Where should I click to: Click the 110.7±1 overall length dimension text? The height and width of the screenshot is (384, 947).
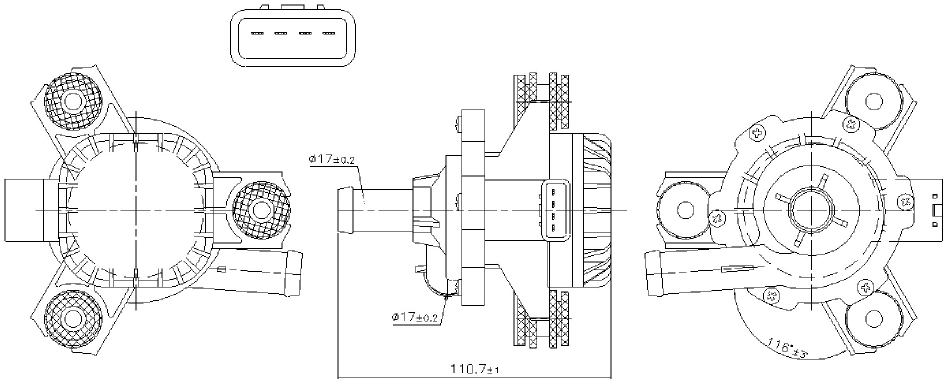point(475,369)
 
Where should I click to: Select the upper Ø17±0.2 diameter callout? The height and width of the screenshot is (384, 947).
point(332,159)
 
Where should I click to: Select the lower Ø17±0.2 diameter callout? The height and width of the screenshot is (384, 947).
point(415,317)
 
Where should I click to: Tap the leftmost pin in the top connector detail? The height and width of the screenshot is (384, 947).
point(257,33)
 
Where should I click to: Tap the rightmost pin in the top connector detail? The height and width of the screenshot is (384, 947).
point(329,33)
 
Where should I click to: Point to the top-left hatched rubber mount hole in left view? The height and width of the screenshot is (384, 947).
point(73,101)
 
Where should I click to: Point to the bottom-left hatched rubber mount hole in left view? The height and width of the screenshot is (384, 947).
point(73,319)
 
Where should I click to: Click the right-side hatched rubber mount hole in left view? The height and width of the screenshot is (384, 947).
point(261,210)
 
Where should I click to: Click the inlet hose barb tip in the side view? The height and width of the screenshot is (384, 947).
point(346,210)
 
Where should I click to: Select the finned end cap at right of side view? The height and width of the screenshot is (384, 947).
point(597,210)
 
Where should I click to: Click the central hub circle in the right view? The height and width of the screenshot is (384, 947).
point(811,211)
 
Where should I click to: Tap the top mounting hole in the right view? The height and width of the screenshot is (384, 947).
point(874,101)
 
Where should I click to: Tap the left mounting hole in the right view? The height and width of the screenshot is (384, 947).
point(685,210)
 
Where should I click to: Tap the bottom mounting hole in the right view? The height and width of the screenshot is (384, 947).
point(874,319)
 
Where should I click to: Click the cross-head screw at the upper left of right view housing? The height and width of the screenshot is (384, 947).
point(757,133)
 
